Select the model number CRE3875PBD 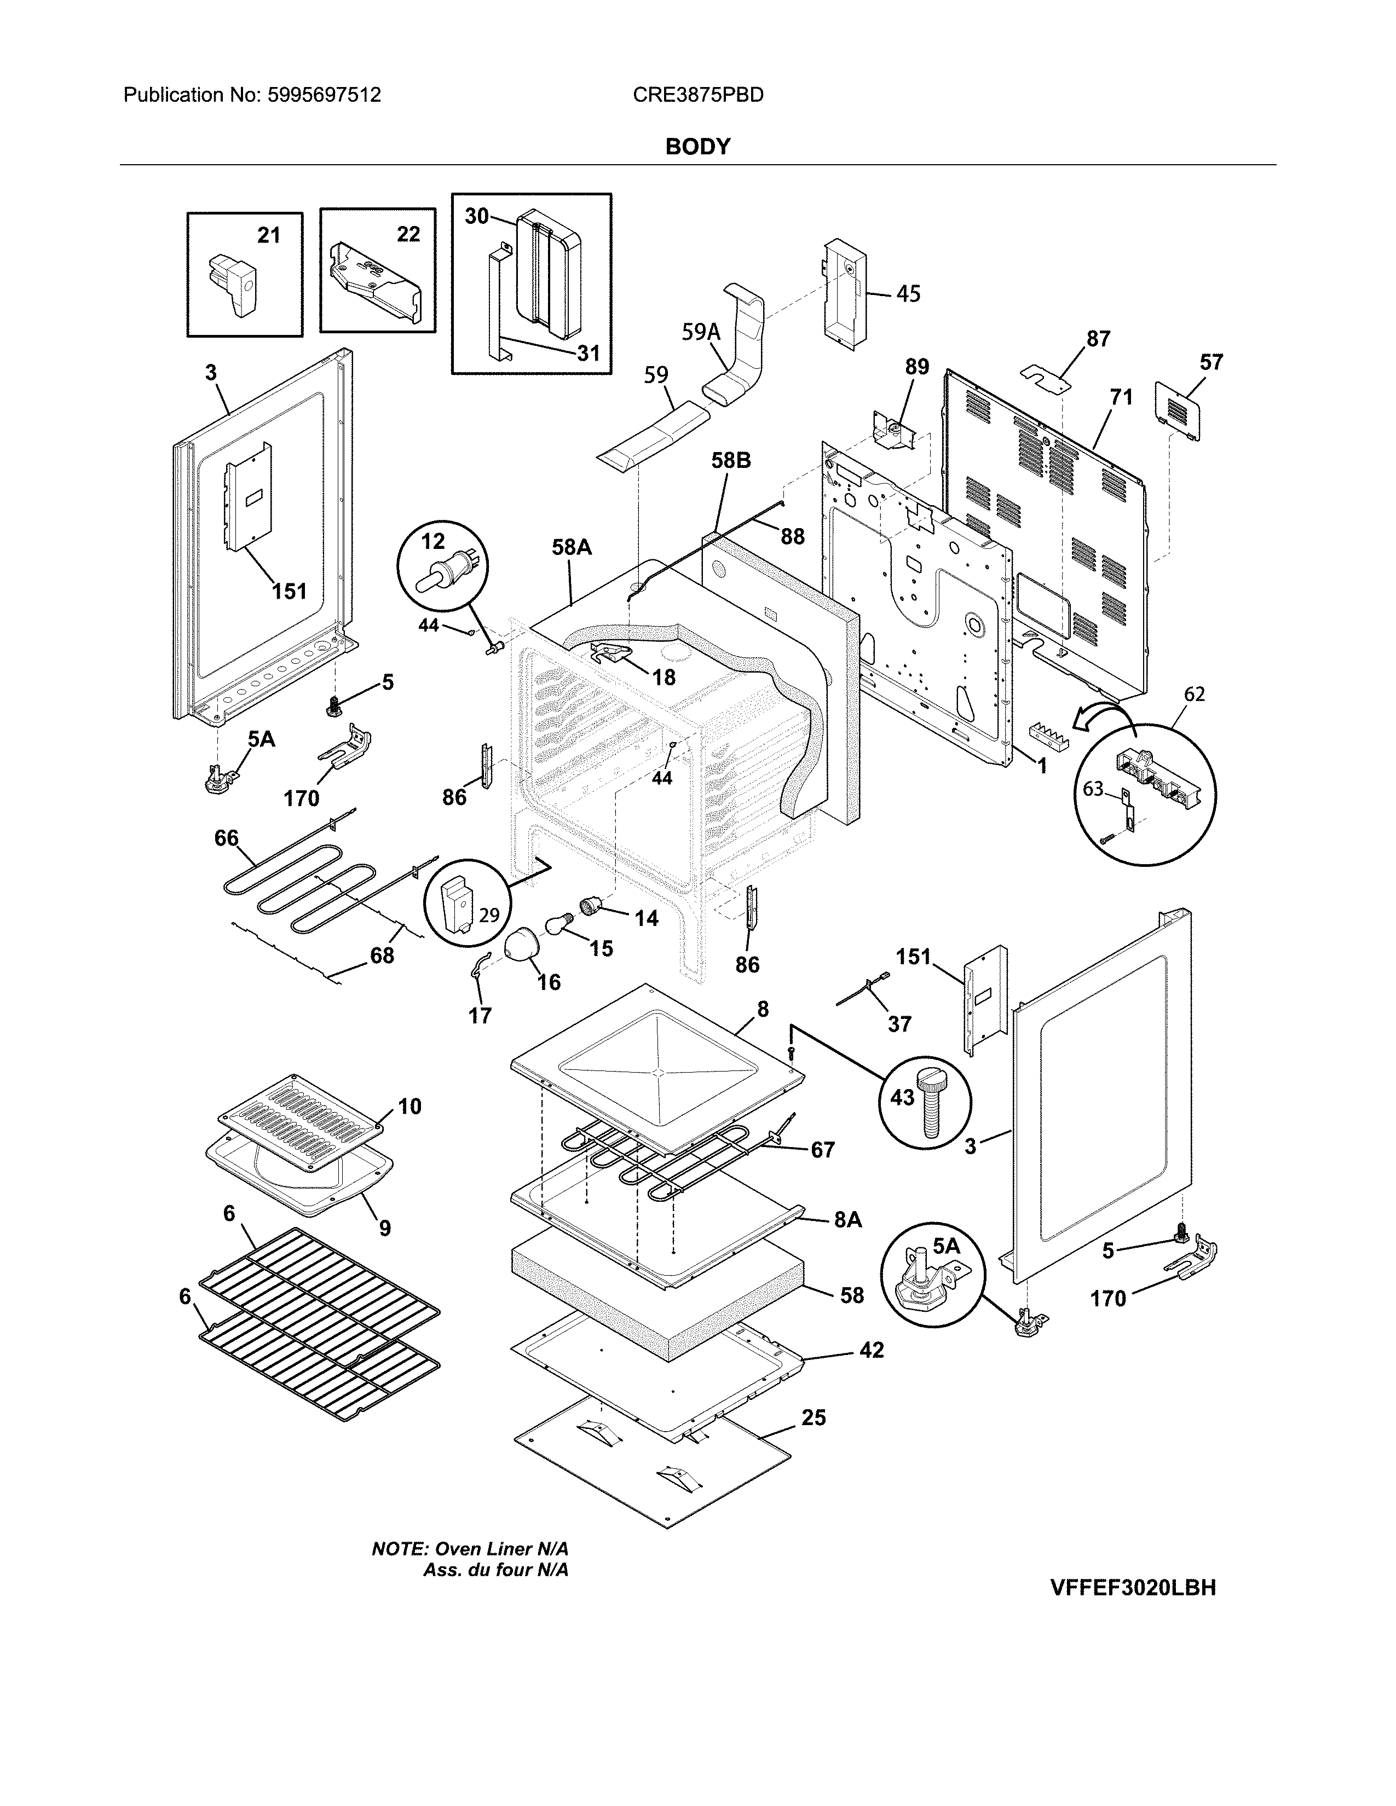click(x=698, y=95)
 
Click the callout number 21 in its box click(x=269, y=236)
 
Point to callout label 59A click(x=701, y=332)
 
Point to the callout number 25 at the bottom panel click(x=814, y=1417)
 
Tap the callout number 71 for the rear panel click(x=1121, y=397)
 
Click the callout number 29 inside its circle click(x=489, y=914)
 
